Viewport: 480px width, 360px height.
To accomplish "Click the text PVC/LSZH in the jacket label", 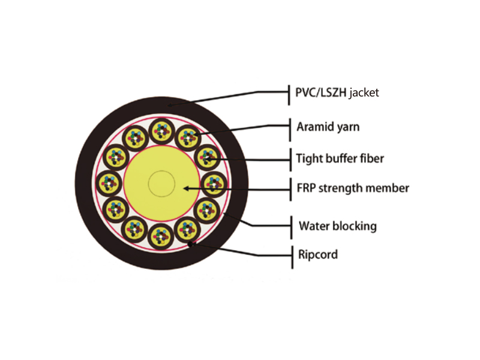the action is coord(320,92).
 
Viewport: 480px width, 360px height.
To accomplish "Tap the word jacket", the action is coord(364,93).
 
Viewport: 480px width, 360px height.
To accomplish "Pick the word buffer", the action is coord(341,158).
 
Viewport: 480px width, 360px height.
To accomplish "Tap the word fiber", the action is coord(372,158).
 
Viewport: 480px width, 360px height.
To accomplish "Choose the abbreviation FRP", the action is coord(306,188).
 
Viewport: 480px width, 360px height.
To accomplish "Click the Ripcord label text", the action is coord(318,254).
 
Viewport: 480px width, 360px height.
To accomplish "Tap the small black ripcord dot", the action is coord(190,244).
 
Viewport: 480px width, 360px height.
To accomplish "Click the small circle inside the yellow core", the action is coord(161,184).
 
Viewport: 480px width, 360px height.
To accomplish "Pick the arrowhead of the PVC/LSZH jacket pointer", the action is coord(170,106).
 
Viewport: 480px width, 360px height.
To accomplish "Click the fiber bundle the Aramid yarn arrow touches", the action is coord(188,137).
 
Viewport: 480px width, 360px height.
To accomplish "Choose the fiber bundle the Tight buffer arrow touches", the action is coord(208,158).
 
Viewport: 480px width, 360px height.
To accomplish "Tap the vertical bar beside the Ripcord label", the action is coord(292,257).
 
